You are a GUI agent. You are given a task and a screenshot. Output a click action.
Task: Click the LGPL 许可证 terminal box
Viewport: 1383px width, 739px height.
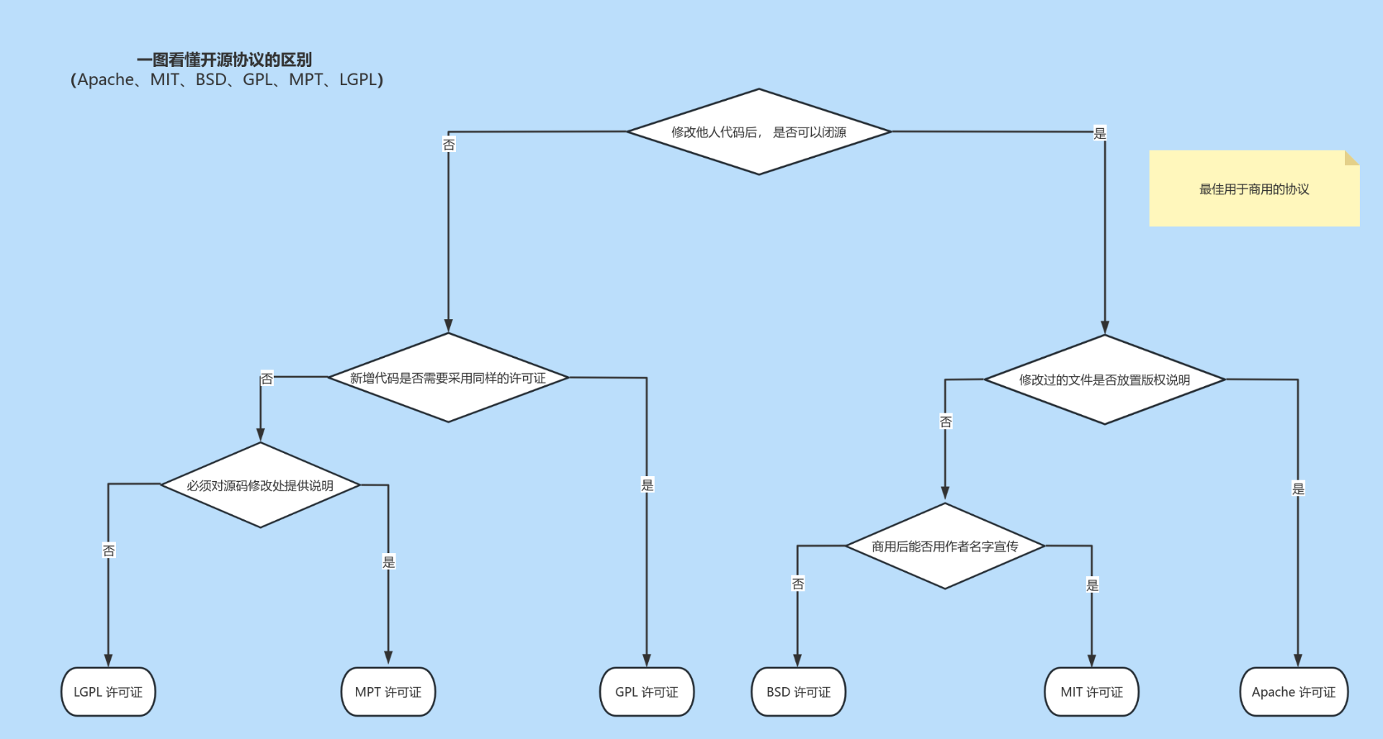tap(108, 691)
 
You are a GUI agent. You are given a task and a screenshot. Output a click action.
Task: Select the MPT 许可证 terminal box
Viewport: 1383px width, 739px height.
tap(388, 691)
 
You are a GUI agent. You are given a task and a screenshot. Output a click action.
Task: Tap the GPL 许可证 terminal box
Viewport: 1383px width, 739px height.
tap(646, 691)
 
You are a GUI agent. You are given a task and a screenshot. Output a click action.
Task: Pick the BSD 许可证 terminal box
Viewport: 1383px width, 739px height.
tap(798, 691)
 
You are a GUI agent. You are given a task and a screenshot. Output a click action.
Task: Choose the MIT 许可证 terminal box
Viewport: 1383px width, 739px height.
tap(1091, 691)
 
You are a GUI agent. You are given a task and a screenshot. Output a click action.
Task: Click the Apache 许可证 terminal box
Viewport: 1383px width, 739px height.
tap(1293, 691)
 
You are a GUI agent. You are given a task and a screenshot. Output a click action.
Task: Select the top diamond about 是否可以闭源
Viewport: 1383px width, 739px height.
tap(758, 132)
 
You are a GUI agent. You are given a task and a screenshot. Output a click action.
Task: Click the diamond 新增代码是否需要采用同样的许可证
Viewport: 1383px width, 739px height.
tap(448, 377)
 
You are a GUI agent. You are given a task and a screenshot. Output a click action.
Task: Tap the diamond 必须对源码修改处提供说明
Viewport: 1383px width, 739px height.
tap(260, 485)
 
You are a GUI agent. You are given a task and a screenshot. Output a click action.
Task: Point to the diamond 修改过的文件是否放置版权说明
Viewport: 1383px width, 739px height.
tap(1104, 380)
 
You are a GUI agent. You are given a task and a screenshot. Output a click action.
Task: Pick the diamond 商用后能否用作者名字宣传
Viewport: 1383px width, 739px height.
tap(944, 546)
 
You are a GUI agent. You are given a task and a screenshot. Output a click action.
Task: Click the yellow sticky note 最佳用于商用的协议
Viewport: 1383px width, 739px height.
tap(1253, 189)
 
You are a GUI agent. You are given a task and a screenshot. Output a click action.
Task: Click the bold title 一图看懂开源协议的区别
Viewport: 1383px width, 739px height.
tap(224, 60)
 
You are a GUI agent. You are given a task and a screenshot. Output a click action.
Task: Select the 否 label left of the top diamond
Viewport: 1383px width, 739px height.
tap(449, 145)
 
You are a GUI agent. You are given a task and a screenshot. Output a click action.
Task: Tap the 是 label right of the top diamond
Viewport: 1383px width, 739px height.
tap(1099, 133)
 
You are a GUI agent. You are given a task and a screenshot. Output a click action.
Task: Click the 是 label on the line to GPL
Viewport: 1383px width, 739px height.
tap(647, 485)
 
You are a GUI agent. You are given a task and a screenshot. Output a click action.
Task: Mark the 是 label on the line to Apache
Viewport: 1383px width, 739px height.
tap(1298, 488)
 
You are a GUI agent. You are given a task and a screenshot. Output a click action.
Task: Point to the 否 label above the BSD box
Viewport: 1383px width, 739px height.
tap(797, 583)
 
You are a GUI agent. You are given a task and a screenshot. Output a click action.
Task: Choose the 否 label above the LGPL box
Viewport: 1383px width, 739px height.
tap(109, 550)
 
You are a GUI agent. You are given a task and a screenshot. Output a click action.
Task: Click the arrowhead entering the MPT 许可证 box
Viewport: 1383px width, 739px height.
tap(388, 658)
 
